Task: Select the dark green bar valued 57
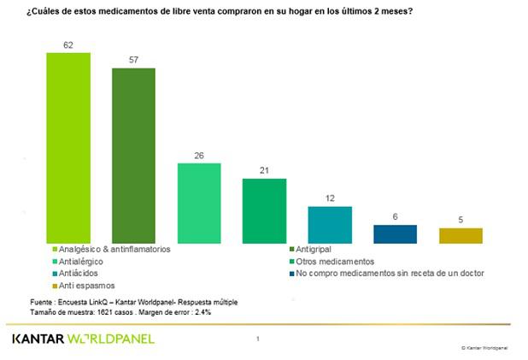click(x=134, y=155)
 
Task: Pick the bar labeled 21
click(x=264, y=210)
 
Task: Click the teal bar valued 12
click(x=330, y=224)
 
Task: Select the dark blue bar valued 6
click(x=395, y=233)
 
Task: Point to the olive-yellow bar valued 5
click(x=461, y=235)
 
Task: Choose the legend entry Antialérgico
click(x=84, y=261)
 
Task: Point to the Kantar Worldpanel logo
click(x=84, y=339)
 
